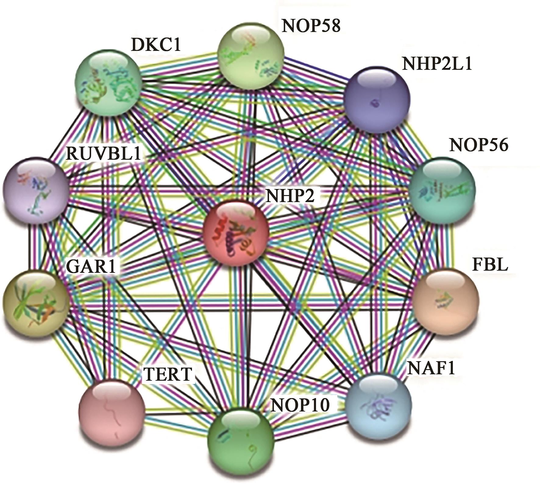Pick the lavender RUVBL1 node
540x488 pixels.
pos(36,190)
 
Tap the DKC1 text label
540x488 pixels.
pos(156,45)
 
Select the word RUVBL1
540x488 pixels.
pos(104,153)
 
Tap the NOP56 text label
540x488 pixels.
pos(479,145)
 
